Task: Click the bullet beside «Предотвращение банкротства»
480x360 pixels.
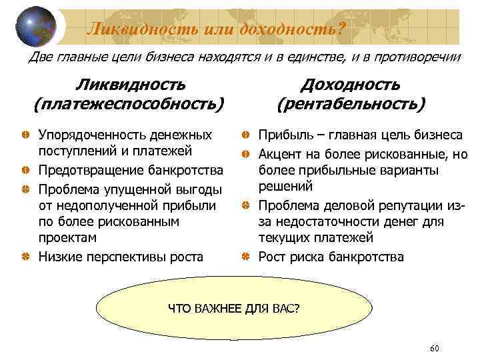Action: pos(24,169)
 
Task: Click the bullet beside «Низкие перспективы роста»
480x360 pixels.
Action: pos(24,256)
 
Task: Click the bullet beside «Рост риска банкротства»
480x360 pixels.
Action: pos(245,256)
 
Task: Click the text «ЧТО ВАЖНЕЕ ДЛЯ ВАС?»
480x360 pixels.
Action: pos(233,309)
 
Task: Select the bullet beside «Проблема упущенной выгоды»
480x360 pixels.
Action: pos(24,187)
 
